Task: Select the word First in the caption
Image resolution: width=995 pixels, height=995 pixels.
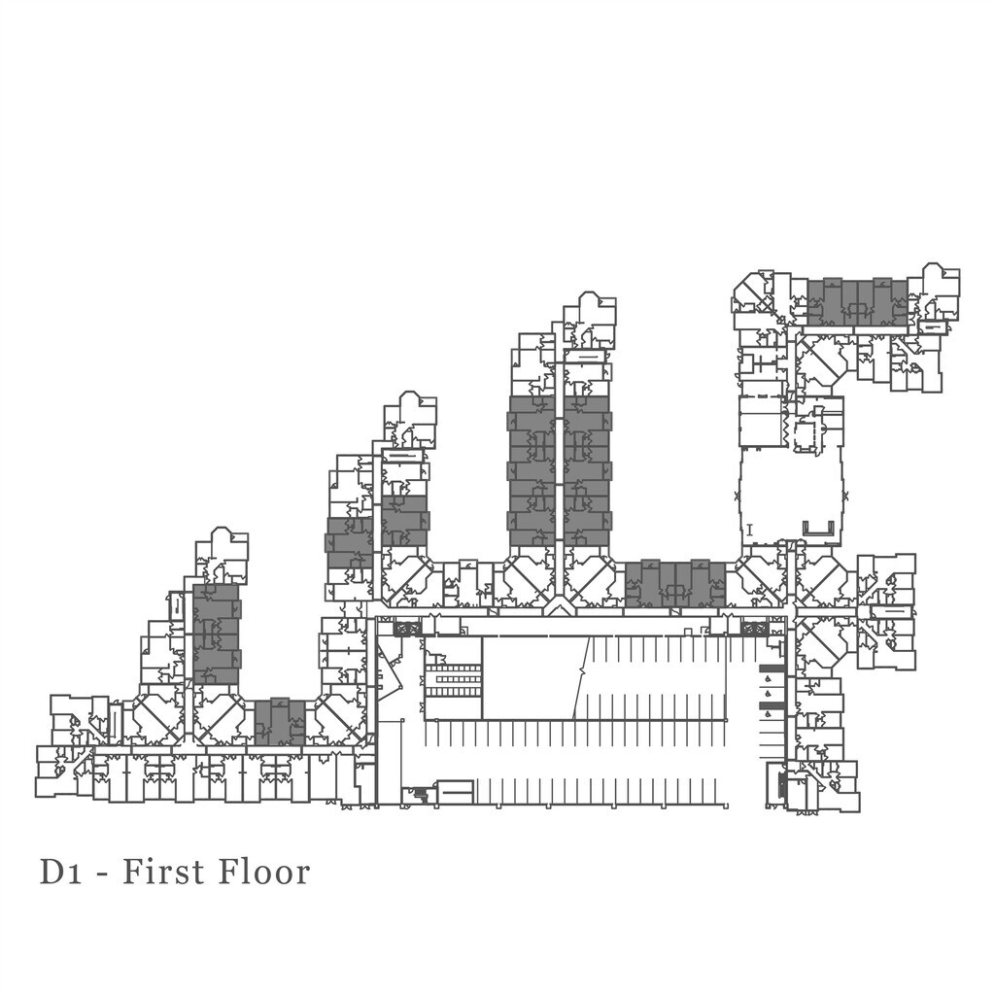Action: (177, 872)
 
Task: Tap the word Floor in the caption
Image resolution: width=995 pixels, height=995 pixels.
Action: (264, 872)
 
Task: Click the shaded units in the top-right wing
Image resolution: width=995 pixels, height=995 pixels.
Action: (857, 302)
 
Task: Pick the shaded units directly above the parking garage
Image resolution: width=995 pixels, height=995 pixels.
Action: (675, 584)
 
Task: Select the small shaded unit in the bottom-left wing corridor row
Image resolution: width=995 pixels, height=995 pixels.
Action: (280, 722)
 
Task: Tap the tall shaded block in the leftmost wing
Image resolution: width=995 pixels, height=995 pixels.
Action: (216, 634)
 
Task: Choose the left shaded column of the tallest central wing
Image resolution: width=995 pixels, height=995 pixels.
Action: (532, 471)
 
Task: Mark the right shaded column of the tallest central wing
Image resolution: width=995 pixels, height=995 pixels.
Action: (587, 471)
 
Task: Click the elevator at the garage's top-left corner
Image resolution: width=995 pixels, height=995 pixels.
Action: (406, 630)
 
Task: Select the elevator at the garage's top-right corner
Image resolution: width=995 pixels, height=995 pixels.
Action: (754, 630)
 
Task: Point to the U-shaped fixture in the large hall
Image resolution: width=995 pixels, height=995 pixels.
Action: (819, 528)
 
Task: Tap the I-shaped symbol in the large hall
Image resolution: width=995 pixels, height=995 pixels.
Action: (750, 530)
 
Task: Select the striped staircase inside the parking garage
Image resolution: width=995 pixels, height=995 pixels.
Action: (454, 678)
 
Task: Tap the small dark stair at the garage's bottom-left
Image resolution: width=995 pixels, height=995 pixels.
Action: (420, 794)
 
